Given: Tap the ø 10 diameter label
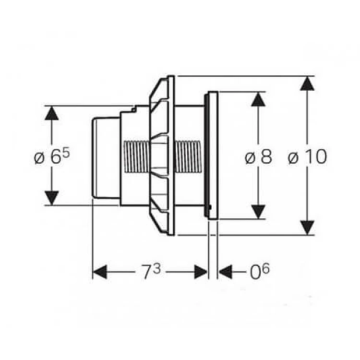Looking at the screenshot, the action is tap(307, 156).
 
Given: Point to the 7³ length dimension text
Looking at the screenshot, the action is tap(151, 272).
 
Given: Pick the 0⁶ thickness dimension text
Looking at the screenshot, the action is tap(259, 272).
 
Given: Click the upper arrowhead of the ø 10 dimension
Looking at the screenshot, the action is tap(307, 84).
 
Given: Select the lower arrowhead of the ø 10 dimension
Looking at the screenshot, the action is tap(307, 228).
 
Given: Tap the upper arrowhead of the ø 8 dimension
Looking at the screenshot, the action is tap(258, 99).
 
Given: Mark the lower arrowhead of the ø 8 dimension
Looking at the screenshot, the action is tap(258, 212).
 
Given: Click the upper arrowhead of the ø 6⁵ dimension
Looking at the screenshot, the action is tap(51, 113).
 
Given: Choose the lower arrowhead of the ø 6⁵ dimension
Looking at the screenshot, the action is tap(51, 198).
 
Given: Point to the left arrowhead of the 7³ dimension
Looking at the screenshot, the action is tap(100, 272).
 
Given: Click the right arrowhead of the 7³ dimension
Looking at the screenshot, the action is tap(201, 272).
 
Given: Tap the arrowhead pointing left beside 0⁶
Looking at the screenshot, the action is tap(226, 272).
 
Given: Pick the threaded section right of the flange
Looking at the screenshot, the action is tap(189, 156).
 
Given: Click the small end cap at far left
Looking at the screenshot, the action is tap(106, 158).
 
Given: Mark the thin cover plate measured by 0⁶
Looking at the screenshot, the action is tap(213, 156).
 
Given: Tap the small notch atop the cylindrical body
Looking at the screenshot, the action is tap(133, 109).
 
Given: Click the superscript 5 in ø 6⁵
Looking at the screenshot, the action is tap(66, 154).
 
